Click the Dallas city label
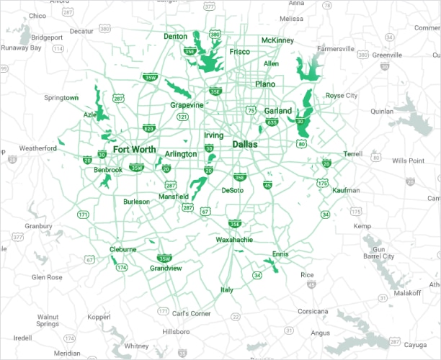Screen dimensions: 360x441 [245, 145]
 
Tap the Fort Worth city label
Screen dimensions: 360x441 [134, 150]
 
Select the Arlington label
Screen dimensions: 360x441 [181, 154]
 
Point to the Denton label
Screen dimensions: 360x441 [175, 36]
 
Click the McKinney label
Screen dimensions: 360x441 [277, 40]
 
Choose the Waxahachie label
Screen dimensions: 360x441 [234, 239]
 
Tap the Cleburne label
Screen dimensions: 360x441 [122, 249]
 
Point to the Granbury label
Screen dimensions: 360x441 [37, 226]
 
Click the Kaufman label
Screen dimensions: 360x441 [347, 190]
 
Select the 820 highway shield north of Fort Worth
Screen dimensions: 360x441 [149, 129]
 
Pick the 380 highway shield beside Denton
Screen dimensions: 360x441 [215, 34]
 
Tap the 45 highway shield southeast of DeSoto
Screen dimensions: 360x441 [267, 186]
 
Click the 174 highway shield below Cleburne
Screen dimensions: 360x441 [121, 267]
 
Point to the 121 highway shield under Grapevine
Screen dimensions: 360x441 [183, 117]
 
